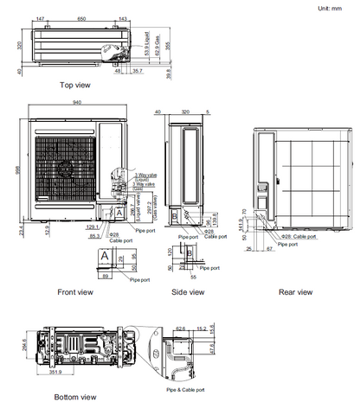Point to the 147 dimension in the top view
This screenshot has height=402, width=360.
[42, 18]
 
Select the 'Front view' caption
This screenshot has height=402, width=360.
[74, 292]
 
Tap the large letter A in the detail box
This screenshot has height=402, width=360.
[105, 258]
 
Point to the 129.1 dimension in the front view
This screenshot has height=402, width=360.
[94, 227]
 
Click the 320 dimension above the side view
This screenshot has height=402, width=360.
[184, 112]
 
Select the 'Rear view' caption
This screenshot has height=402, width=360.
[295, 292]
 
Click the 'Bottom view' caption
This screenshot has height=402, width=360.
[74, 397]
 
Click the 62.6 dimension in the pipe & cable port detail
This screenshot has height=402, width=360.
[180, 329]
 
